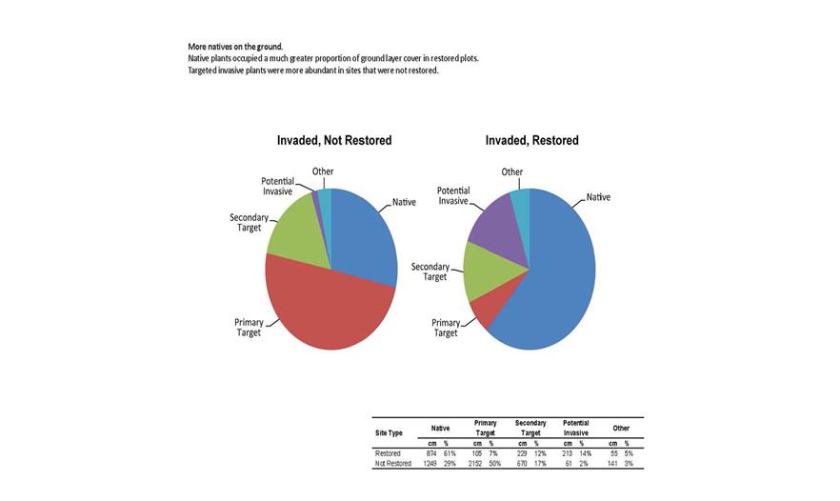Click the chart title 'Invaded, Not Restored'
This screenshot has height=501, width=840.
[x=333, y=140]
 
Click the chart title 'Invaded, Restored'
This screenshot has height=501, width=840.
[x=531, y=140]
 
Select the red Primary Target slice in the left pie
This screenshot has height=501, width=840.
[x=324, y=305]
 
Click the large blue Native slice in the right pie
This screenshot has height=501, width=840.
[x=557, y=276]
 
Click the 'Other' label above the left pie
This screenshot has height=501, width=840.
[x=323, y=171]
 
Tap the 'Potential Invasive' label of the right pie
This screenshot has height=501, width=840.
[x=453, y=196]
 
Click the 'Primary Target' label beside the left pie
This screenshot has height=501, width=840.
[x=249, y=328]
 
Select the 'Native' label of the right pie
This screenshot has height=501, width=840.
[x=598, y=197]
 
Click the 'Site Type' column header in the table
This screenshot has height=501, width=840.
[x=389, y=433]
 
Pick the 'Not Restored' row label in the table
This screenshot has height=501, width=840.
[x=392, y=464]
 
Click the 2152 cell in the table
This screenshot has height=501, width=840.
[x=475, y=464]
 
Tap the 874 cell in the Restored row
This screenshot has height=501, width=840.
[x=430, y=453]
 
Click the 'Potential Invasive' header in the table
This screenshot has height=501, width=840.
[x=575, y=428]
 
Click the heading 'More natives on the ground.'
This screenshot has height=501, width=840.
[x=235, y=47]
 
